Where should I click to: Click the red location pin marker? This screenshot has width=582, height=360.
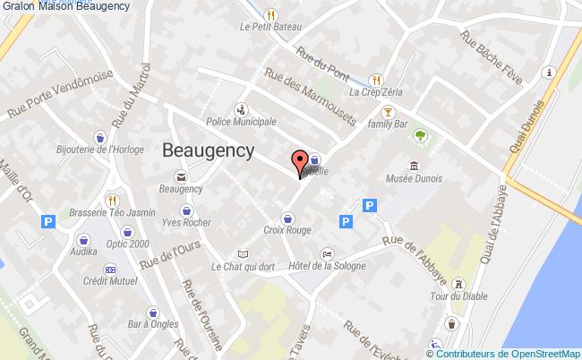299,164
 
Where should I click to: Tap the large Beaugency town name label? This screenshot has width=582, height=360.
209,150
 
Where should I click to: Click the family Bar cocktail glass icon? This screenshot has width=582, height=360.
388,111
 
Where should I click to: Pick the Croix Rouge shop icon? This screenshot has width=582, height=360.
288,217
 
